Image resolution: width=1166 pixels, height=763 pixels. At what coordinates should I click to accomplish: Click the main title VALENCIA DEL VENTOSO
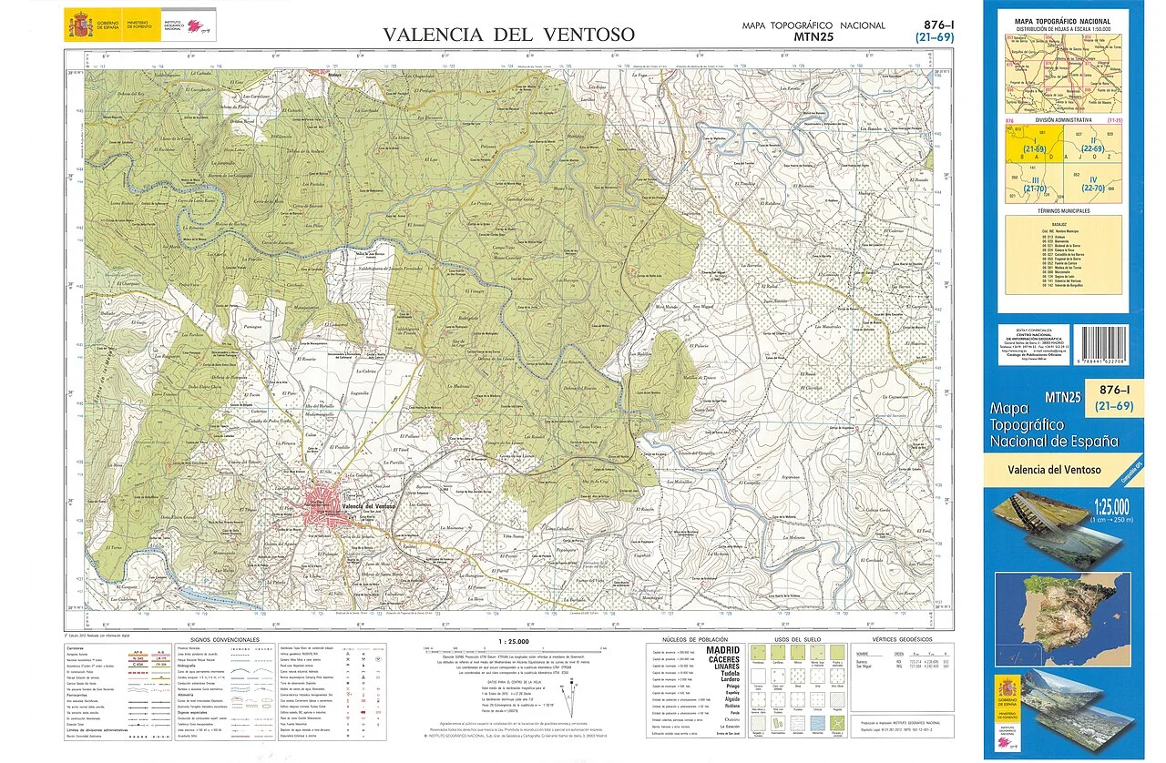[x=508, y=35]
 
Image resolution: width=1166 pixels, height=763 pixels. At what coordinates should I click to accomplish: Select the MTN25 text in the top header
[x=813, y=37]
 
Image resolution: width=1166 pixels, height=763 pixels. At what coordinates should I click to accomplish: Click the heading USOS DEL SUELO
[x=798, y=640]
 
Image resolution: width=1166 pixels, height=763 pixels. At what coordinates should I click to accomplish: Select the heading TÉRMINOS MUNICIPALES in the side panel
[x=1063, y=210]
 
